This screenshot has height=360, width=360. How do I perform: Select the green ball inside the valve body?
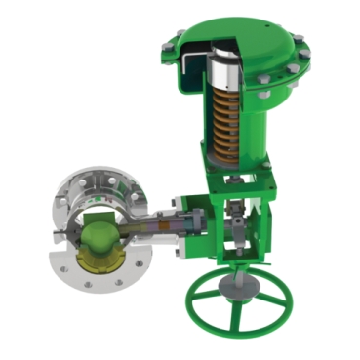click(97, 237)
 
